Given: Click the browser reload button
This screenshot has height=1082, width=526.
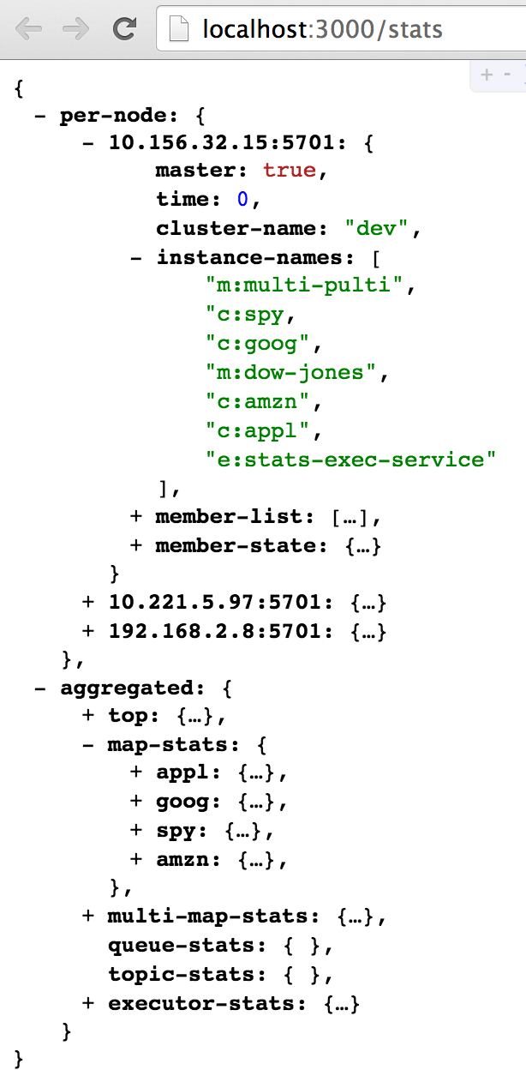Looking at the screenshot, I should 126,29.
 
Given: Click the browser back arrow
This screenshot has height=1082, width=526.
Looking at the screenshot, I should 27,29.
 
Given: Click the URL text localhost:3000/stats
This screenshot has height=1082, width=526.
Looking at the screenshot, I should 322,31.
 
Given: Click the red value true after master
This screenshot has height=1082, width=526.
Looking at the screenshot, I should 290,170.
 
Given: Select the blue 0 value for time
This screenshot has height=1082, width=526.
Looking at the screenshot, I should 242,199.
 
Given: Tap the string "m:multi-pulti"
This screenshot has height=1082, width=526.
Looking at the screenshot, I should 304,285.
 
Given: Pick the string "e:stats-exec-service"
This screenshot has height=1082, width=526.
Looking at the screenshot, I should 351,459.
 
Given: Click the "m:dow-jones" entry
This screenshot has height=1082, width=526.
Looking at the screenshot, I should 292,372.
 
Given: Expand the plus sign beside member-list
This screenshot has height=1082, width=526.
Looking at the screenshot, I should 136,516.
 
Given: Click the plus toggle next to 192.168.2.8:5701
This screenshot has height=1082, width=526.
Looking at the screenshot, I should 88,631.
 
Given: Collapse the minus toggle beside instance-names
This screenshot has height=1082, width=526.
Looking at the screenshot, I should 136,256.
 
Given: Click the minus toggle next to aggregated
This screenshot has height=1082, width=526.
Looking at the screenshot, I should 40,688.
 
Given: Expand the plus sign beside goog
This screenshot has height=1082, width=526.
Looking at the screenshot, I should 136,802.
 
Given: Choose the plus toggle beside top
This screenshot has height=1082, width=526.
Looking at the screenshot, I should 88,716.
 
